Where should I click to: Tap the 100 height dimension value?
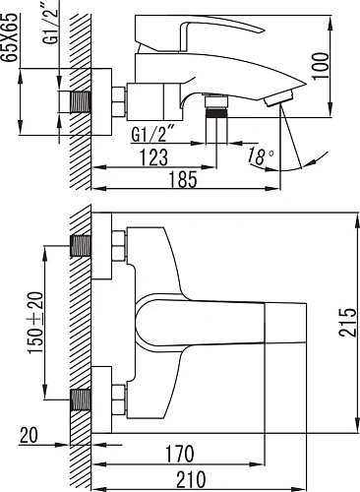tap(321, 65)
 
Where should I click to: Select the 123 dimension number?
tap(154, 157)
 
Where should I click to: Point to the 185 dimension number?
tap(183, 179)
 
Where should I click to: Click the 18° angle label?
tap(260, 156)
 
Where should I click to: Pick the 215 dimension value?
tap(347, 322)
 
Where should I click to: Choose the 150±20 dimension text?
tap(35, 323)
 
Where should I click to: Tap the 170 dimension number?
tap(179, 454)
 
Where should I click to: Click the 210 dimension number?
tap(191, 479)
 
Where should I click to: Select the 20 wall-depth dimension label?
tap(29, 436)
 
